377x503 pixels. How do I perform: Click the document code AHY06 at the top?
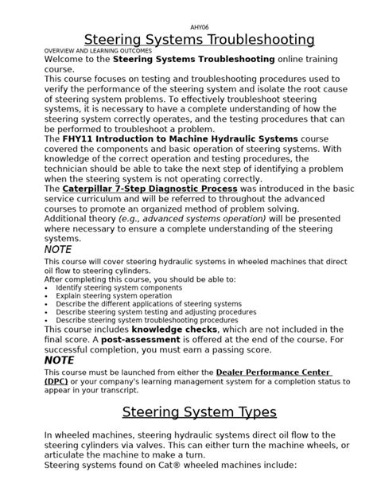click(x=188, y=25)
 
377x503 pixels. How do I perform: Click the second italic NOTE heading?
click(x=59, y=360)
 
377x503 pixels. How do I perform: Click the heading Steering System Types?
click(x=199, y=411)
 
